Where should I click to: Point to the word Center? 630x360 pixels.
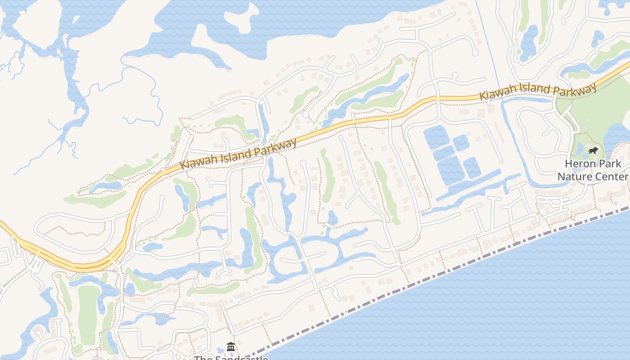[x=611, y=176]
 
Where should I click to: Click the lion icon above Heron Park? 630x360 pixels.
[x=593, y=151]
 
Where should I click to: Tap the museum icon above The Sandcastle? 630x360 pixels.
[x=231, y=346]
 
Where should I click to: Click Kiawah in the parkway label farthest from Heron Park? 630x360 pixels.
[x=199, y=162]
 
